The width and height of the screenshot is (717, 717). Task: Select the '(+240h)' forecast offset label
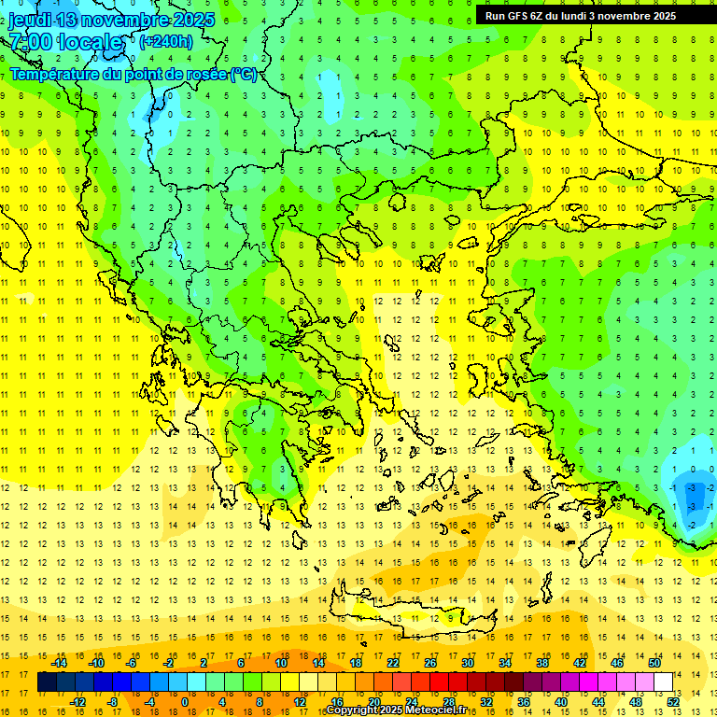pyautogui.click(x=166, y=41)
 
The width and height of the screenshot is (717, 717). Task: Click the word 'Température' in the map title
pyautogui.click(x=57, y=74)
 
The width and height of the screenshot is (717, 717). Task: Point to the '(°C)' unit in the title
pyautogui.click(x=244, y=74)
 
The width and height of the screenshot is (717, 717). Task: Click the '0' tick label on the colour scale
pyautogui.click(x=184, y=701)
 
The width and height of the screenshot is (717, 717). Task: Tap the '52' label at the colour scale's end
pyautogui.click(x=673, y=701)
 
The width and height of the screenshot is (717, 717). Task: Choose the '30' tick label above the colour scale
pyautogui.click(x=468, y=663)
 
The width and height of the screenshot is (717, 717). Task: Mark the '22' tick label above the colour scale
pyautogui.click(x=393, y=663)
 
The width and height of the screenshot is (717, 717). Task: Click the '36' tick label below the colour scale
pyautogui.click(x=524, y=701)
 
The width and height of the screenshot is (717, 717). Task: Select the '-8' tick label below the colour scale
pyautogui.click(x=113, y=701)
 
